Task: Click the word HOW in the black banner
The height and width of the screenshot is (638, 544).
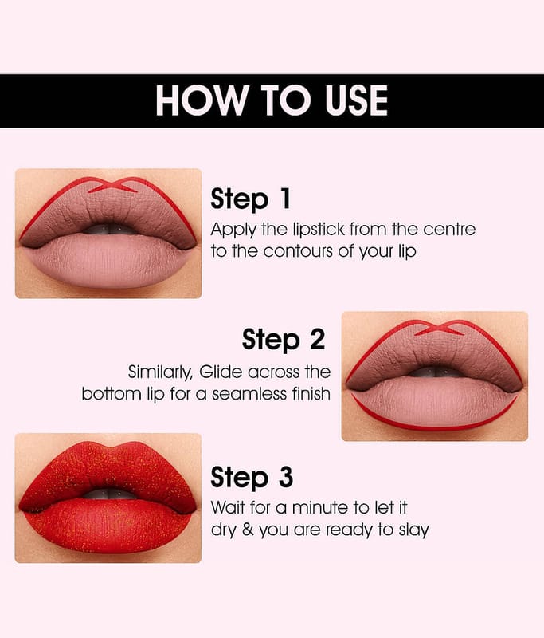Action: (202, 100)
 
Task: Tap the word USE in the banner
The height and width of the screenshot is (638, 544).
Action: (356, 100)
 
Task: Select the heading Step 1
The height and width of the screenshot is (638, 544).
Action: (251, 199)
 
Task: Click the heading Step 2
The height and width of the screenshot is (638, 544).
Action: (284, 339)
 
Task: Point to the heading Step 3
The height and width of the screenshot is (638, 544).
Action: (252, 477)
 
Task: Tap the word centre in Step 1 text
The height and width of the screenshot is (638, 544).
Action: (449, 230)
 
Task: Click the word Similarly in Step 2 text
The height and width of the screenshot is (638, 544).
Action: (160, 372)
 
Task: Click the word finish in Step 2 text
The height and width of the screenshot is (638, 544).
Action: (311, 393)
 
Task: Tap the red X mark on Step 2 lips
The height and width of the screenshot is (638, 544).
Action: (439, 328)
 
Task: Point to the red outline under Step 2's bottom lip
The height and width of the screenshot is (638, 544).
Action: (433, 427)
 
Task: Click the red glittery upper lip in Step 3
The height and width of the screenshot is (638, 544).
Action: (107, 472)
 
